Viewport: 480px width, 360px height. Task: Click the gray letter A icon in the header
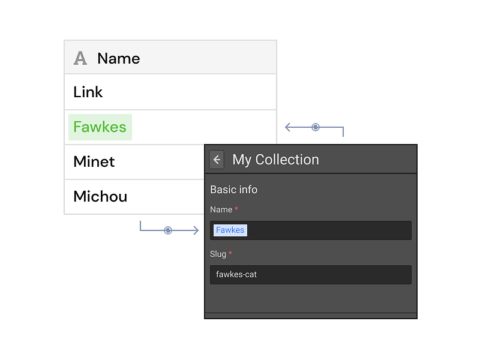tap(80, 58)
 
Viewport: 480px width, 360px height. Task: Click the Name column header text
tap(118, 58)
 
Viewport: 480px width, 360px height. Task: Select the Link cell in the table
tap(88, 92)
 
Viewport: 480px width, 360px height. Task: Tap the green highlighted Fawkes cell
tap(100, 127)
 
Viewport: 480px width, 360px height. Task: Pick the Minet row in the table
tap(94, 161)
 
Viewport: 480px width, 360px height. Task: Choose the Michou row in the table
tap(100, 196)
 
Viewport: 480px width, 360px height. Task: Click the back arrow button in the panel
tap(217, 160)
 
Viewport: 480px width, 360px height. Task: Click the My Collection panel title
tap(275, 160)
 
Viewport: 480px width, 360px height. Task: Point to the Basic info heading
tap(233, 190)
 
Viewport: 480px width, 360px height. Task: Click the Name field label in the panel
tap(221, 209)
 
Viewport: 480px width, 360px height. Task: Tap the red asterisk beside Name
tap(236, 208)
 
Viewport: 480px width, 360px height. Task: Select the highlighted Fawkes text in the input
tap(230, 230)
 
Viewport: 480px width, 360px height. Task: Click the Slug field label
tap(218, 254)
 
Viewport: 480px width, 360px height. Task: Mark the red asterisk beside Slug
tap(230, 253)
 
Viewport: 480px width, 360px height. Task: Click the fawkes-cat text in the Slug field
tap(236, 274)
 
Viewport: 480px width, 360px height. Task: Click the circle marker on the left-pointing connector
tap(316, 127)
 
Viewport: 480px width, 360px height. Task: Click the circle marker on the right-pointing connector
tap(168, 230)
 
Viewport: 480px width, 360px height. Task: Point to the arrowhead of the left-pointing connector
tap(287, 127)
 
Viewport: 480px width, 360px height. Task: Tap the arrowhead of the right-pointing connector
tap(196, 230)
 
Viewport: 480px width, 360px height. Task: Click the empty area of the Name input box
tap(329, 230)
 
